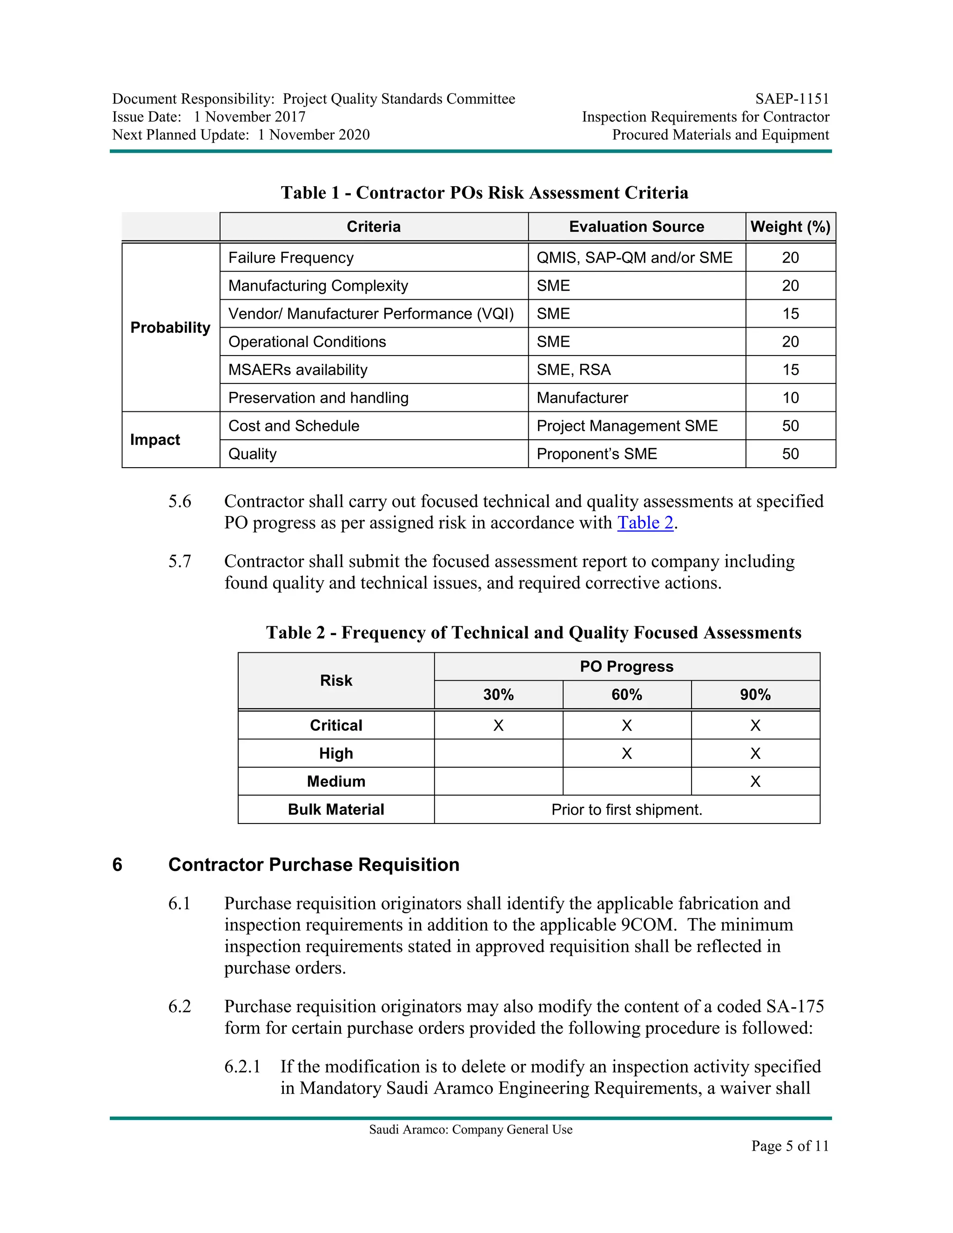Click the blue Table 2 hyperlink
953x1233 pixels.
click(x=645, y=523)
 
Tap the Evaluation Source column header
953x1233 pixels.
click(x=636, y=227)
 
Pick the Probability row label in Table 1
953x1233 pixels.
click(x=170, y=328)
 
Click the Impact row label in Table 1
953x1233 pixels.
click(x=154, y=440)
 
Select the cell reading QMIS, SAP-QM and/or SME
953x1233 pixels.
click(x=634, y=258)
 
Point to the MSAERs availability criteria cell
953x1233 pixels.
click(x=297, y=370)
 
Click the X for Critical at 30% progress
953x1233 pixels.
click(x=498, y=725)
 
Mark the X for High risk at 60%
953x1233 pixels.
click(x=627, y=754)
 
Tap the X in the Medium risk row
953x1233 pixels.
click(x=755, y=782)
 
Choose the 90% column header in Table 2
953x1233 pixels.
click(x=755, y=695)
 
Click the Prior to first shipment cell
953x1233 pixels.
click(x=627, y=810)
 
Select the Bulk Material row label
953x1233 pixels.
click(x=336, y=810)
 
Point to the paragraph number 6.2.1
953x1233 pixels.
click(x=242, y=1067)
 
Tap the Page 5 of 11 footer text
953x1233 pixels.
click(x=789, y=1146)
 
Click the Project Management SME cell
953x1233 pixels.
click(x=627, y=426)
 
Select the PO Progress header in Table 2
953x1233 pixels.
click(x=627, y=667)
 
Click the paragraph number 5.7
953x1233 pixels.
click(x=180, y=562)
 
